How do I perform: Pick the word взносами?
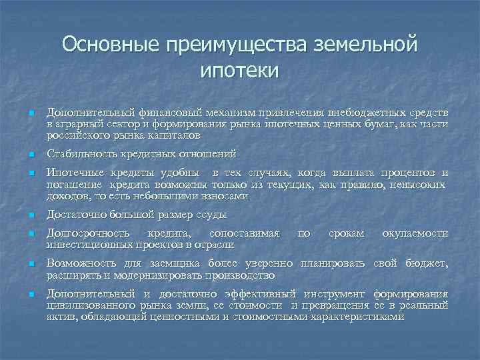click(225, 197)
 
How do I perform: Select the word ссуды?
click(211, 215)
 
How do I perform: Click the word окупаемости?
click(415, 233)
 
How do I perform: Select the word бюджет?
click(429, 263)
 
